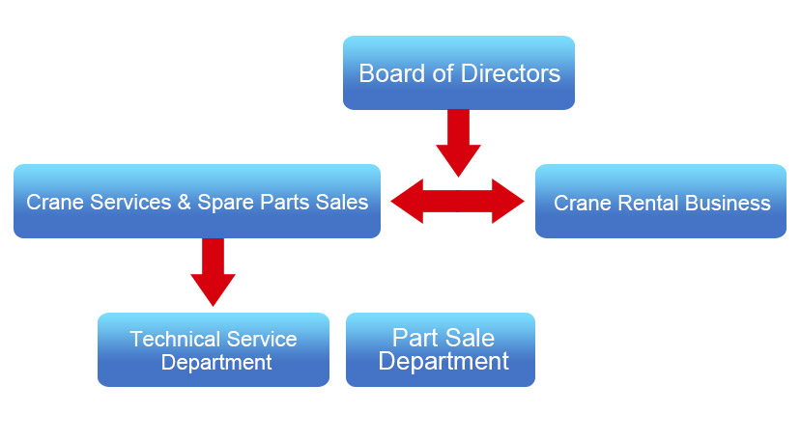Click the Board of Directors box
pos(459,72)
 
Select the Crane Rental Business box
pos(661,202)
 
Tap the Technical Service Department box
pos(214,350)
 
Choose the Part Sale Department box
pos(441,350)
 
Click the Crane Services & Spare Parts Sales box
pos(197,202)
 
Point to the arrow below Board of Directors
pos(458,141)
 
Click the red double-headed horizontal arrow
pos(458,202)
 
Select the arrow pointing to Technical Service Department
pos(213,270)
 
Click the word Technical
pos(170,340)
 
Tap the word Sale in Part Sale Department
pos(471,338)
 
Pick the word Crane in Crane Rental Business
pos(579,204)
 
